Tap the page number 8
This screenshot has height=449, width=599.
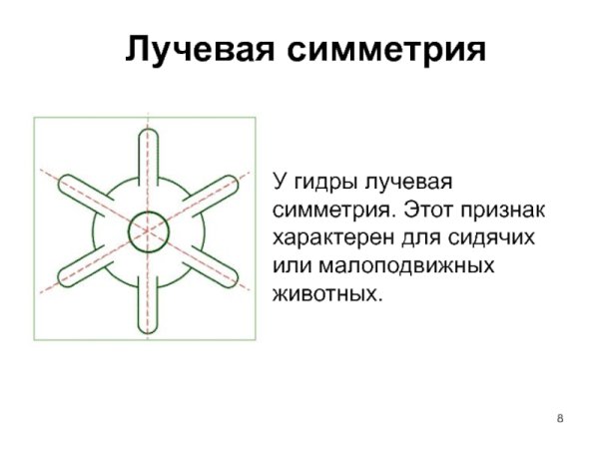tap(560, 416)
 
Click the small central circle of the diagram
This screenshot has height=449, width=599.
tap(148, 231)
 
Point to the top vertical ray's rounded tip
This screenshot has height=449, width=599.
tap(148, 136)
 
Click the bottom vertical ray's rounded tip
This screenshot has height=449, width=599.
tap(148, 327)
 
